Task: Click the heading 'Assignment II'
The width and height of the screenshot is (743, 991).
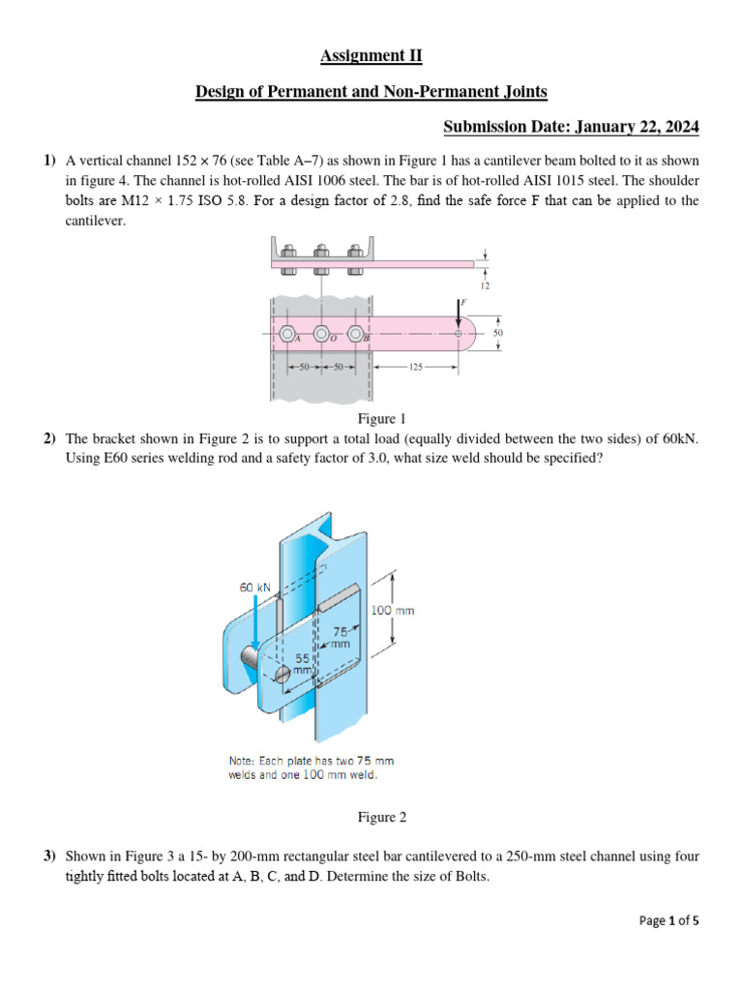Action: [x=371, y=57]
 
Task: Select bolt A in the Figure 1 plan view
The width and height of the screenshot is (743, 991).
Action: [x=286, y=335]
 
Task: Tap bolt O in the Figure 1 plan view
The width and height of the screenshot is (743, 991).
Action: [x=321, y=335]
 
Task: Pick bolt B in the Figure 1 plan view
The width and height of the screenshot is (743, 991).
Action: [x=357, y=335]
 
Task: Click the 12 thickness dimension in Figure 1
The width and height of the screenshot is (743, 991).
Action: [x=484, y=287]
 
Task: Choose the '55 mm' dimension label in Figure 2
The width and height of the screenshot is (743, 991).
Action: [x=304, y=663]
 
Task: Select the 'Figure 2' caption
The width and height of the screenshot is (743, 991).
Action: [x=382, y=818]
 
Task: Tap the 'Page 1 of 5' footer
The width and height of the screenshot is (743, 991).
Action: [x=669, y=921]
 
